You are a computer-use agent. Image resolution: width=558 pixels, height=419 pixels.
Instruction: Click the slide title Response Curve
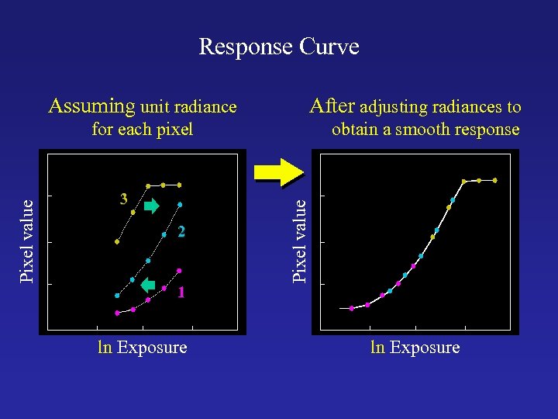(279, 47)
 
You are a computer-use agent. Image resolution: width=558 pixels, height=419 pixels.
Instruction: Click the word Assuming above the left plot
(91, 106)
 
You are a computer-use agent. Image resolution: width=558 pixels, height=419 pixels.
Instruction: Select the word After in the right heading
(332, 106)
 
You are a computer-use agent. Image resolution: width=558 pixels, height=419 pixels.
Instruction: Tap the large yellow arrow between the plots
(278, 169)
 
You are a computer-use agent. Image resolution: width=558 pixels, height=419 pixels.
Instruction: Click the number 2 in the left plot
(180, 231)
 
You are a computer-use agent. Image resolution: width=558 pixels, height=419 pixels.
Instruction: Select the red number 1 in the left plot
(181, 293)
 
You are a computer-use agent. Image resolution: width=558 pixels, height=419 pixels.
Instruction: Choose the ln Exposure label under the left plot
(142, 348)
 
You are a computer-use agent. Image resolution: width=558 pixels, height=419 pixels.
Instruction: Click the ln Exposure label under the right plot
(415, 348)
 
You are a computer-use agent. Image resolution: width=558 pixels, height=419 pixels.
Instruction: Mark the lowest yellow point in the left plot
(117, 241)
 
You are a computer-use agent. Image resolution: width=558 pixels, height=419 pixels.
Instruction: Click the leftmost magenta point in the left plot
(117, 313)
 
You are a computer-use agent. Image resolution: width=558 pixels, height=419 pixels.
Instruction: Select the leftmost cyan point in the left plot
(117, 296)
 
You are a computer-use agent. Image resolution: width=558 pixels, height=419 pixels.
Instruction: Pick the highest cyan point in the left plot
(180, 205)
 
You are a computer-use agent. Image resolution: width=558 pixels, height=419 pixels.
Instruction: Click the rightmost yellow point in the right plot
(494, 180)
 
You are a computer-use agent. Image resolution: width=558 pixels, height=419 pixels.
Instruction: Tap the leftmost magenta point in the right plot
(352, 308)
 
